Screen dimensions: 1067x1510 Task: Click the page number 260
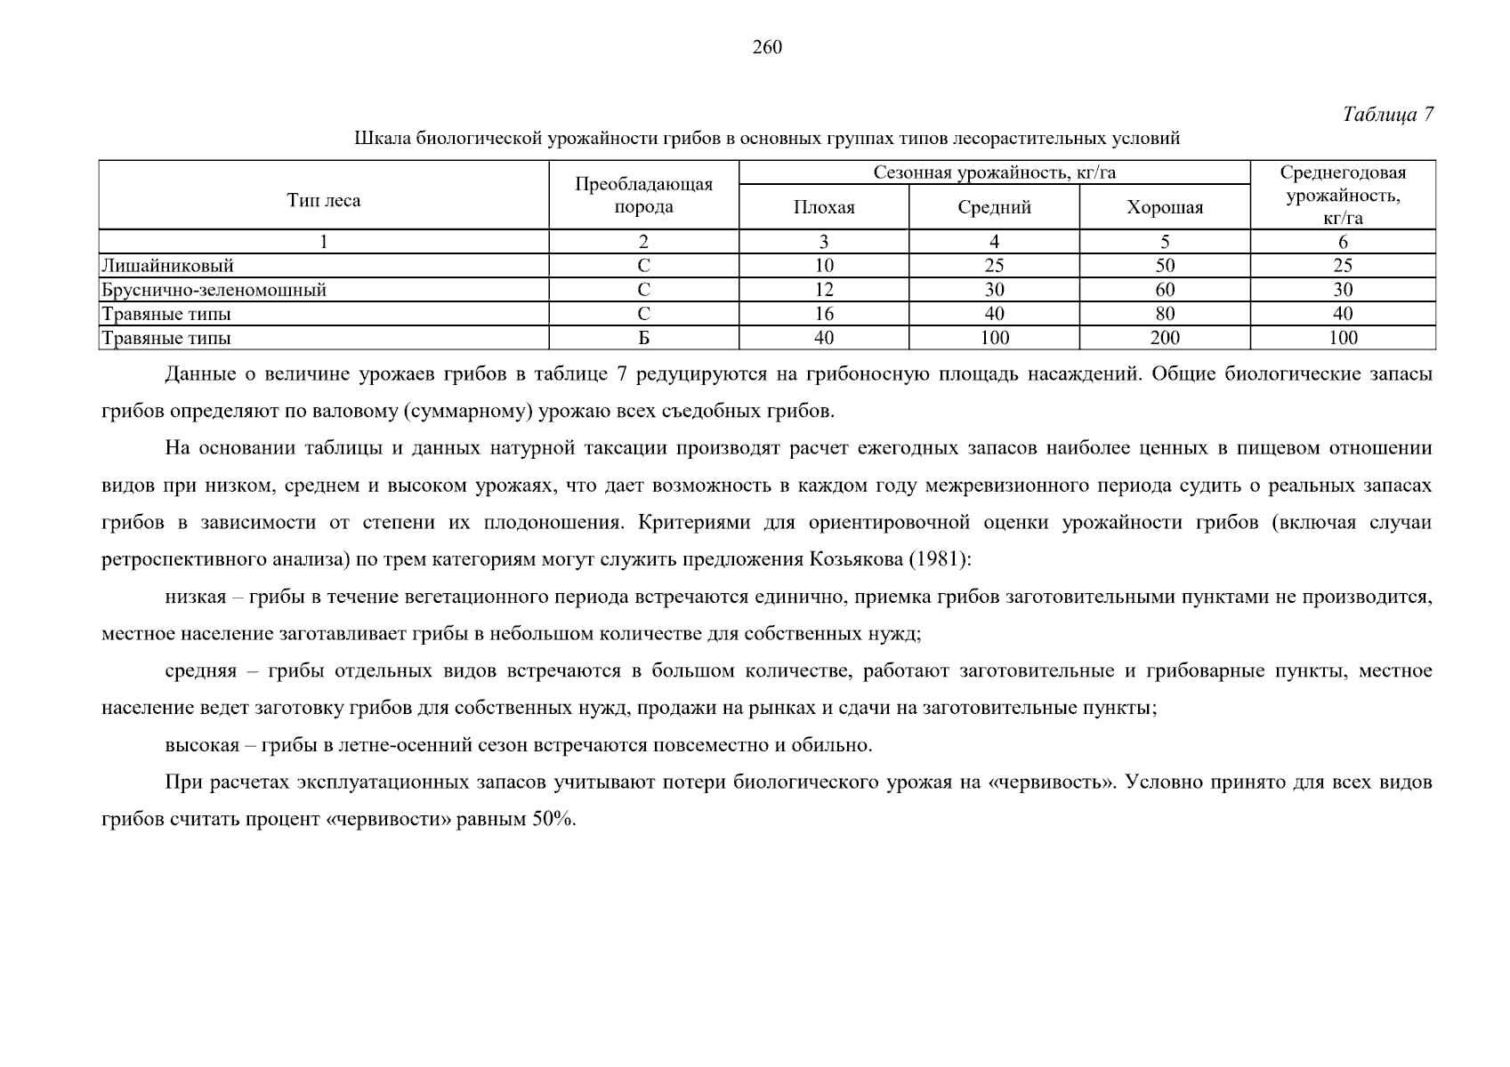pos(767,48)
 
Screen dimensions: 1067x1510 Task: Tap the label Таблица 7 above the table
pos(1387,115)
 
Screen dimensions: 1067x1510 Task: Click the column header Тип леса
pos(323,201)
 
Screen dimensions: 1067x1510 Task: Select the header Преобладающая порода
pos(643,196)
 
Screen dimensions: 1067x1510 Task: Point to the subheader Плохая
pos(824,208)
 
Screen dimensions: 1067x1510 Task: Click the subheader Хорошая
pos(1164,208)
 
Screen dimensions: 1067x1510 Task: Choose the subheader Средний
pos(994,208)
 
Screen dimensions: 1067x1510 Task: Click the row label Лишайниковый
pos(167,266)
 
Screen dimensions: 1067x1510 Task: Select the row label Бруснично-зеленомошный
pos(214,290)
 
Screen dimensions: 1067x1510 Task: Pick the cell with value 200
pos(1164,338)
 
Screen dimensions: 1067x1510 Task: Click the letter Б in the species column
pos(643,338)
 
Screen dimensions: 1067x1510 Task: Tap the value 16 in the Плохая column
pos(824,314)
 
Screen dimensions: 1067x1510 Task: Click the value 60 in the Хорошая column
pos(1164,290)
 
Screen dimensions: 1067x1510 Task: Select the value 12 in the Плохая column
pos(824,290)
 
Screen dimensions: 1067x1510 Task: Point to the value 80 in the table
pos(1164,314)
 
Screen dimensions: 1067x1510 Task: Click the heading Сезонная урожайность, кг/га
pos(994,172)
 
